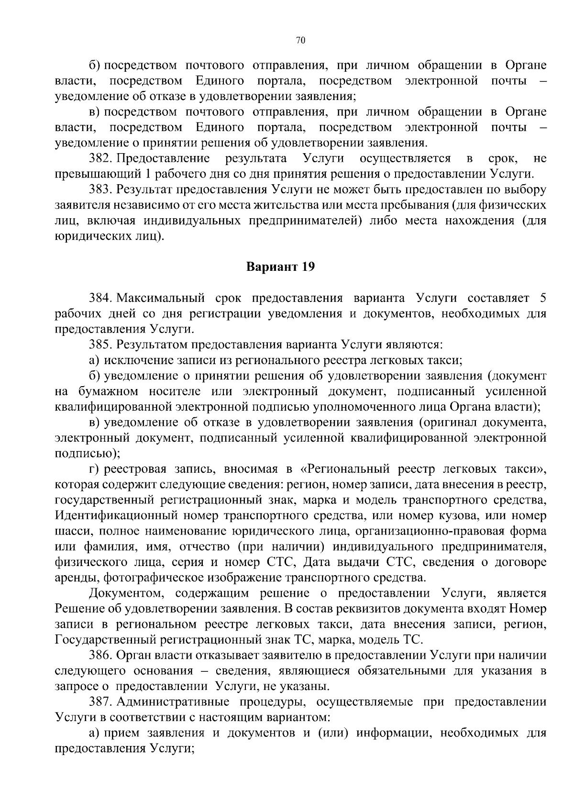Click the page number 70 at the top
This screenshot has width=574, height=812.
point(300,41)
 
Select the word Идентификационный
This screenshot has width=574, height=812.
point(111,516)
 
